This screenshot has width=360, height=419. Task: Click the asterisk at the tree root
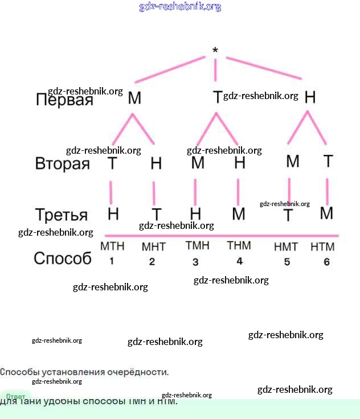click(215, 51)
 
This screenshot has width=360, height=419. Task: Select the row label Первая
click(64, 100)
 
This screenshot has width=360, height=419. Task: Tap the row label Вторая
click(63, 164)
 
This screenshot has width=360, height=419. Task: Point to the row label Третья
click(62, 215)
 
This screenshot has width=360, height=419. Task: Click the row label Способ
click(63, 258)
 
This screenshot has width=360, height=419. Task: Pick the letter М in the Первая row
click(134, 98)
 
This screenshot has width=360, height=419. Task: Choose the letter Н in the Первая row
click(310, 97)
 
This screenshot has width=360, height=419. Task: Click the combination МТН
click(112, 247)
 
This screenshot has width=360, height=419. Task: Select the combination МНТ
click(153, 247)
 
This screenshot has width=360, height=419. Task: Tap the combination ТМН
click(197, 246)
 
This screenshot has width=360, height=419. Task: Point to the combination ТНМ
click(239, 246)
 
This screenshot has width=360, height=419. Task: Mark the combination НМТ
click(286, 247)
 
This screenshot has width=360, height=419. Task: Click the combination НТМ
click(322, 247)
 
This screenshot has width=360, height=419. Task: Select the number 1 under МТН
click(112, 261)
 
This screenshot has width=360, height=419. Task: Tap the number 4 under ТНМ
click(239, 261)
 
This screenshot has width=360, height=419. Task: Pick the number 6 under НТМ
click(326, 262)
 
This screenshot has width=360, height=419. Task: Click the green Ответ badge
click(16, 396)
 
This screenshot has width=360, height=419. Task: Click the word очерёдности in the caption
click(140, 372)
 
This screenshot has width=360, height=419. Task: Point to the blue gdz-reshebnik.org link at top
click(180, 7)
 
